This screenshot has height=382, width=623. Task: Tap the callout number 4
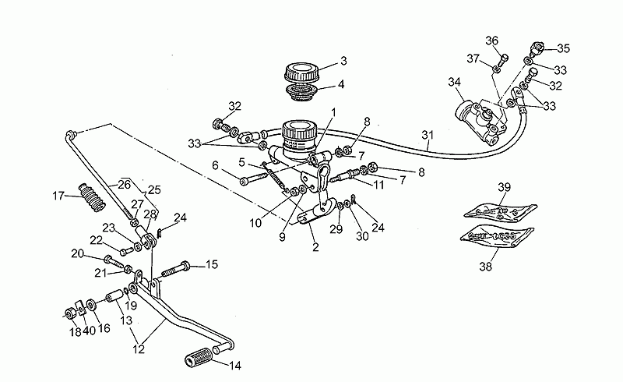pos(341,84)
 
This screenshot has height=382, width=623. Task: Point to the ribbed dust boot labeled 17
pos(93,197)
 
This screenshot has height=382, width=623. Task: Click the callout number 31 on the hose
pos(427,136)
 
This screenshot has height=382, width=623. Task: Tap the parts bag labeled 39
pos(500,210)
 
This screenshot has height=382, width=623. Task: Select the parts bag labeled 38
pos(497,236)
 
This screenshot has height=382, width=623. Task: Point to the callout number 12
pos(139,349)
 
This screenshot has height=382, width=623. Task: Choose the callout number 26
pos(124,184)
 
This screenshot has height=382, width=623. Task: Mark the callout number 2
pos(315,247)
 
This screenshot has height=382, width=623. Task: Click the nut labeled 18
pos(70,314)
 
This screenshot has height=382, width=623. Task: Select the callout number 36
pos(492,41)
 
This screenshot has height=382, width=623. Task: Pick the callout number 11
pos(378,184)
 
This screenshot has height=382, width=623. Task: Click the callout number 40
pos(90,331)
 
